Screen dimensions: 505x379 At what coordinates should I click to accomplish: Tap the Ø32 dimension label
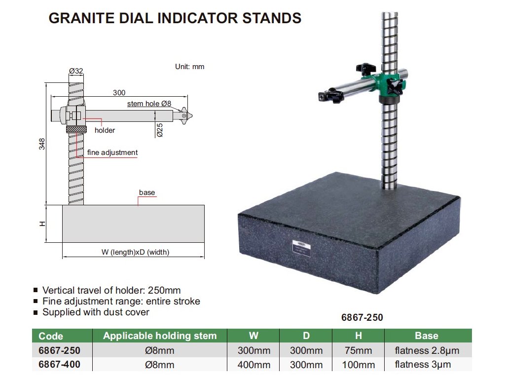tap(76, 71)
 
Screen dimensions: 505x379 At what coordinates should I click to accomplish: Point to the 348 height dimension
tap(42, 144)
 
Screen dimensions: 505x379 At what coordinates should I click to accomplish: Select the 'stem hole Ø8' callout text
tap(149, 104)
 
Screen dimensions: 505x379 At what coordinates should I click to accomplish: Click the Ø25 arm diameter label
tap(160, 130)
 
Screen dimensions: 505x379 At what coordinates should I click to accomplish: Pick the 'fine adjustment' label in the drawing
tap(112, 152)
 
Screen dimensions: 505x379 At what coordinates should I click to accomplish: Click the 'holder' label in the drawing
tap(105, 130)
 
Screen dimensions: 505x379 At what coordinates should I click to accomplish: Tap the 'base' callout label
tap(147, 192)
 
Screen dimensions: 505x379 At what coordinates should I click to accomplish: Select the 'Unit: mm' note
tap(190, 67)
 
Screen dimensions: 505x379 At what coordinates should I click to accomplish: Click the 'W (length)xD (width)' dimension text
tap(135, 252)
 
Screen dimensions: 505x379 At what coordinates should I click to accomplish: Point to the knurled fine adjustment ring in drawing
tap(76, 130)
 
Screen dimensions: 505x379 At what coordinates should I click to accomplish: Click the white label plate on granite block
tap(301, 248)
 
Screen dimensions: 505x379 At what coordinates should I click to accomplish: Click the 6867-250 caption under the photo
tap(362, 317)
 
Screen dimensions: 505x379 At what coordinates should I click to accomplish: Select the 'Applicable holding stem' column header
tap(160, 336)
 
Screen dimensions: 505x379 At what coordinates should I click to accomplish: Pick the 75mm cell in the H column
tap(358, 350)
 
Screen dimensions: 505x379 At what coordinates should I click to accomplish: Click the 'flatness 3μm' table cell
tap(423, 365)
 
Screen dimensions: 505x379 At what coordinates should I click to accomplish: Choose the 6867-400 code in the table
tap(59, 365)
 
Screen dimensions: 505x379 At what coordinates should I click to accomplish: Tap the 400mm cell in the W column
tap(254, 365)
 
